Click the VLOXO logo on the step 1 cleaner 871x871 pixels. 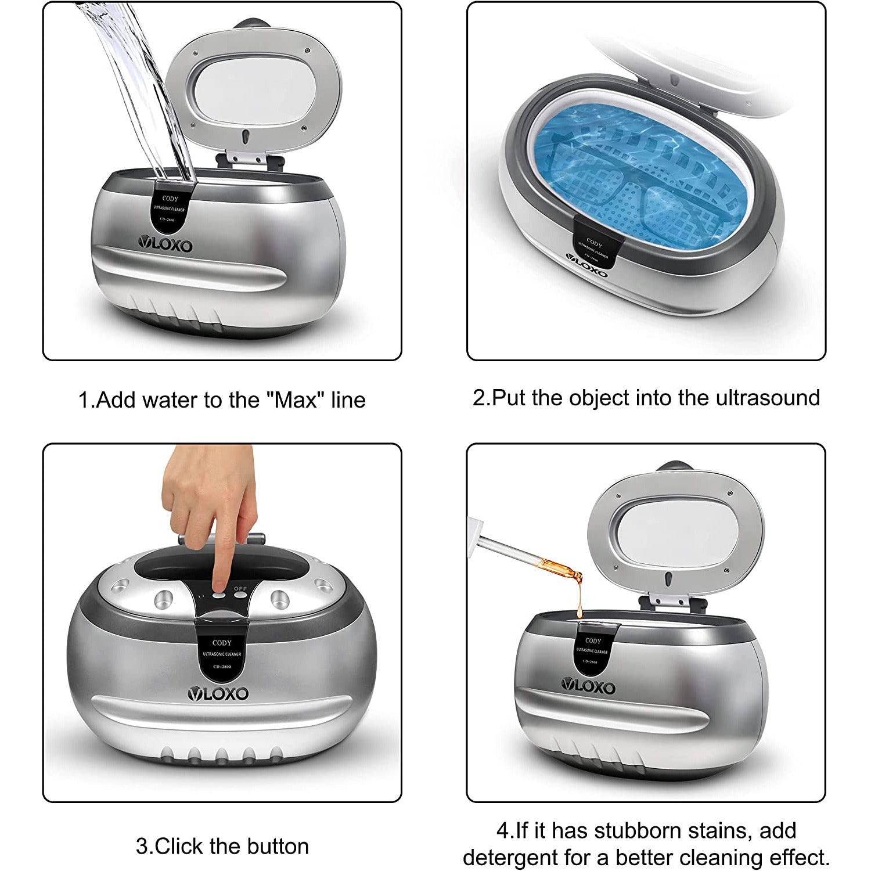[165, 245]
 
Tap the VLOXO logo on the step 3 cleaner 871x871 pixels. [218, 693]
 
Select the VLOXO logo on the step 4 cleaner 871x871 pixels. [588, 687]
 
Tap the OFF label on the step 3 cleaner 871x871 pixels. [240, 589]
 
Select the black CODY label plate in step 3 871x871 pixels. [222, 653]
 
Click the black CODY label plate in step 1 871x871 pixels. [170, 208]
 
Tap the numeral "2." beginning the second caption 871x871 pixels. [481, 398]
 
